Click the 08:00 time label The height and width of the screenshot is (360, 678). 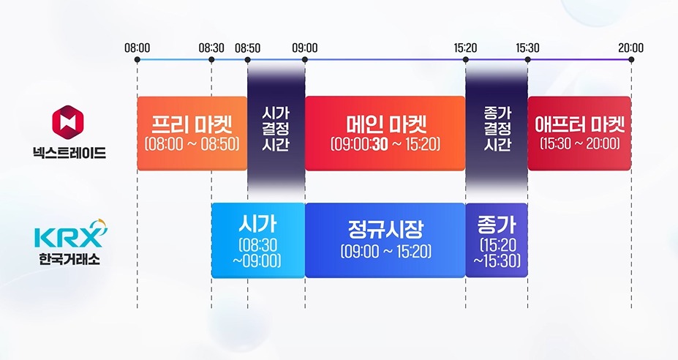pos(138,48)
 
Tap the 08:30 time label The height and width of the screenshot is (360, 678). pos(211,48)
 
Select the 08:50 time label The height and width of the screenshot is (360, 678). pos(247,48)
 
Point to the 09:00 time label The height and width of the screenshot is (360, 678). pos(305,48)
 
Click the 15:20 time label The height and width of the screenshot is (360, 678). pos(465,48)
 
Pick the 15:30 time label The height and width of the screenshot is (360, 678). pos(527,48)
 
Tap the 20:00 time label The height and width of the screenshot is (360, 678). pos(630,48)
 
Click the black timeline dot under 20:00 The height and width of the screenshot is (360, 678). pos(630,59)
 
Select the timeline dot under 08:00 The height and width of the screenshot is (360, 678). pos(138,59)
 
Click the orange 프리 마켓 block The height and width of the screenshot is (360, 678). pos(192,132)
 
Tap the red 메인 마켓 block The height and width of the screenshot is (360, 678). pos(385,132)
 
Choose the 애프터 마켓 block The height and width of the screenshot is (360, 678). pos(579,132)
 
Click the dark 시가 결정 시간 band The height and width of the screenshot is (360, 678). pos(276,128)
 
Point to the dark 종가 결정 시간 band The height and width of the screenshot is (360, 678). pos(497,128)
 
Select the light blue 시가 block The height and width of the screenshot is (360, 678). pos(257,240)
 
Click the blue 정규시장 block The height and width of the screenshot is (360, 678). pos(385,240)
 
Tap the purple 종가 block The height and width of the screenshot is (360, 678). pos(496,240)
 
